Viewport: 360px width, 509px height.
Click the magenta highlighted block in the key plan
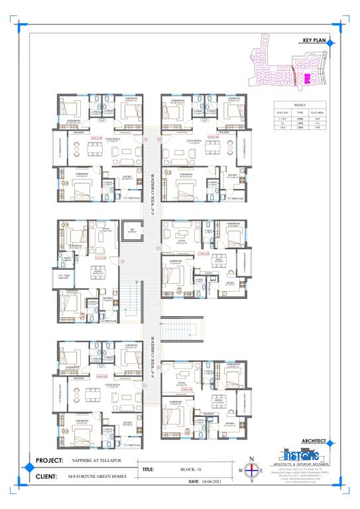307,78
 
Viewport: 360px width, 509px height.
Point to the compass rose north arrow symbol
251,470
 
